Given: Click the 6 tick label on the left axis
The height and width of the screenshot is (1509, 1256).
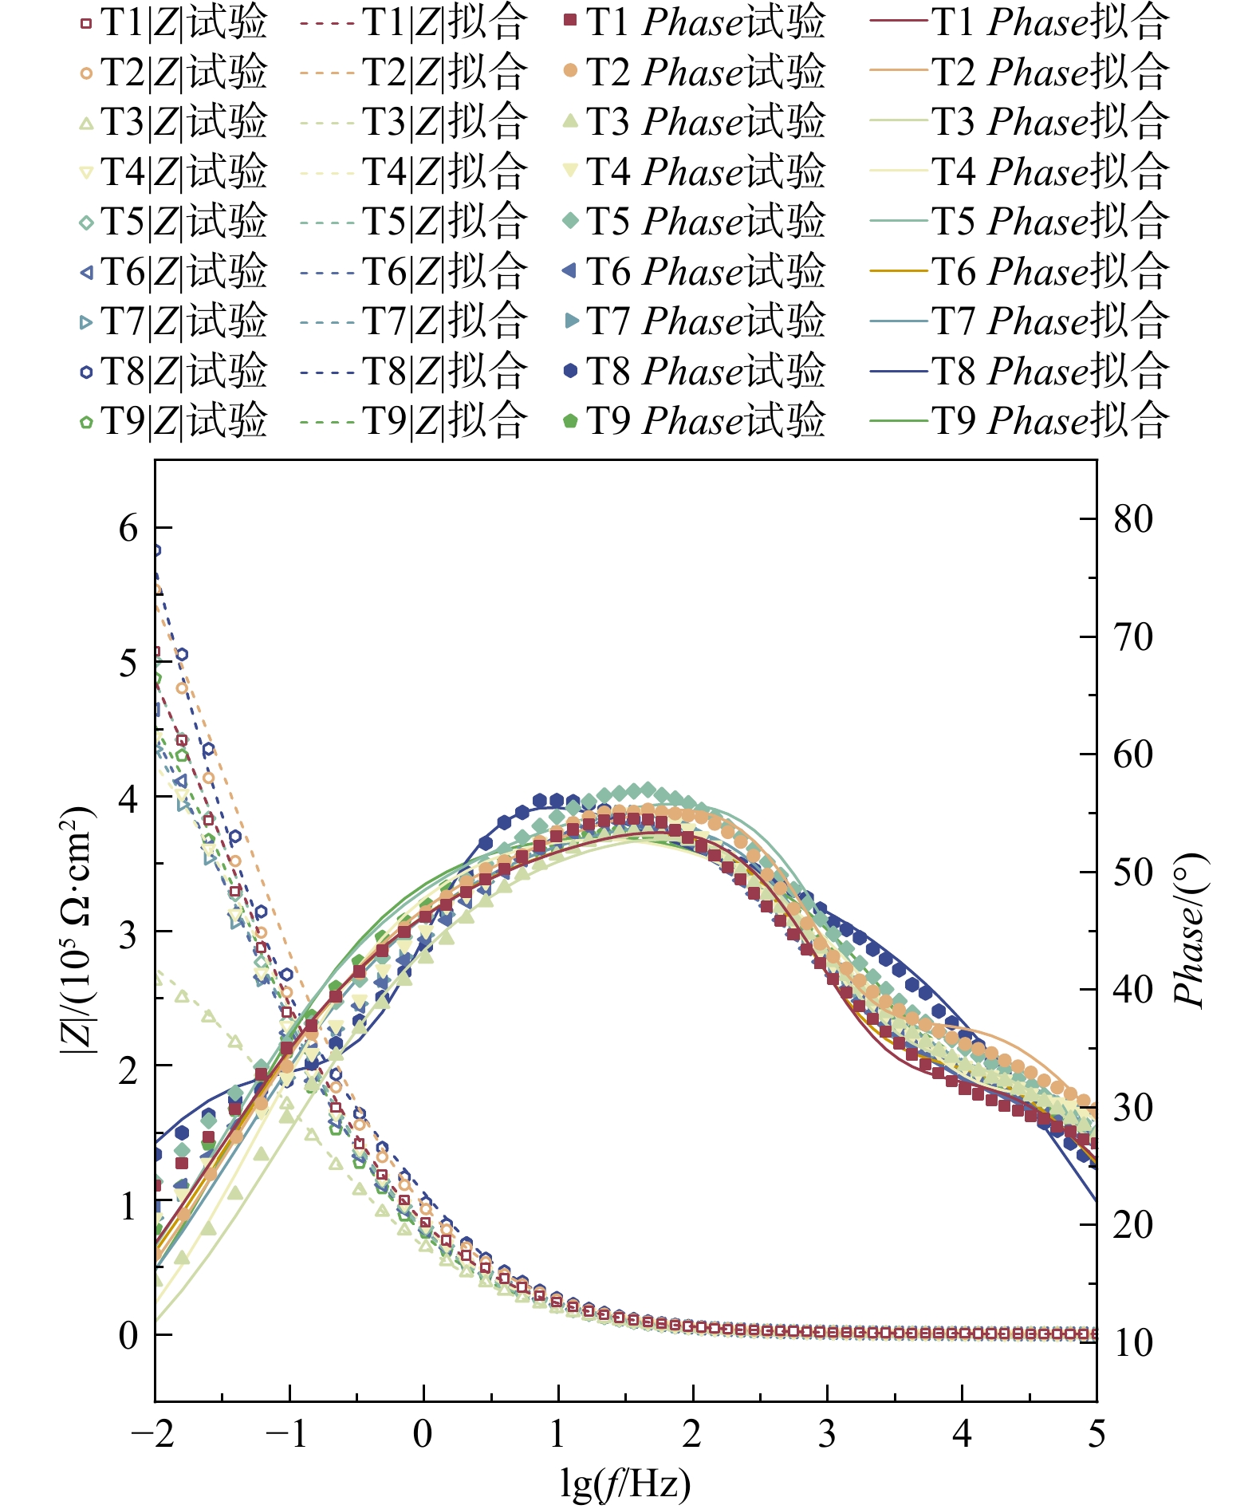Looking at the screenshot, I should [x=128, y=527].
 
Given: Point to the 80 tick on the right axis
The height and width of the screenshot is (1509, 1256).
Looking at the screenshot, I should [x=1133, y=519].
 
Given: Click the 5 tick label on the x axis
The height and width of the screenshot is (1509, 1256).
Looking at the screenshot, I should [x=1097, y=1433].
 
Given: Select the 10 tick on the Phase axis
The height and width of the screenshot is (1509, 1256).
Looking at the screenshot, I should [x=1133, y=1342].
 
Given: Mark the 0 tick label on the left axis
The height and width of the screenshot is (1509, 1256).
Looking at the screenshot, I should [x=128, y=1334].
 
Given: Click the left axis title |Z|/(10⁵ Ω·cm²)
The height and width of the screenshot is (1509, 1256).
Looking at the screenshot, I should [x=77, y=930].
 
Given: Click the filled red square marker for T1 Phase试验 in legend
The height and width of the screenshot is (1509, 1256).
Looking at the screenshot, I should [x=569, y=21].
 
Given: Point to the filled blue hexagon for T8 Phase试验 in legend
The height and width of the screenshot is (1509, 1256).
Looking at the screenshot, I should [x=569, y=370].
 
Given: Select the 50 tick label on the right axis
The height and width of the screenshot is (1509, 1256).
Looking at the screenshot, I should [x=1133, y=872].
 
